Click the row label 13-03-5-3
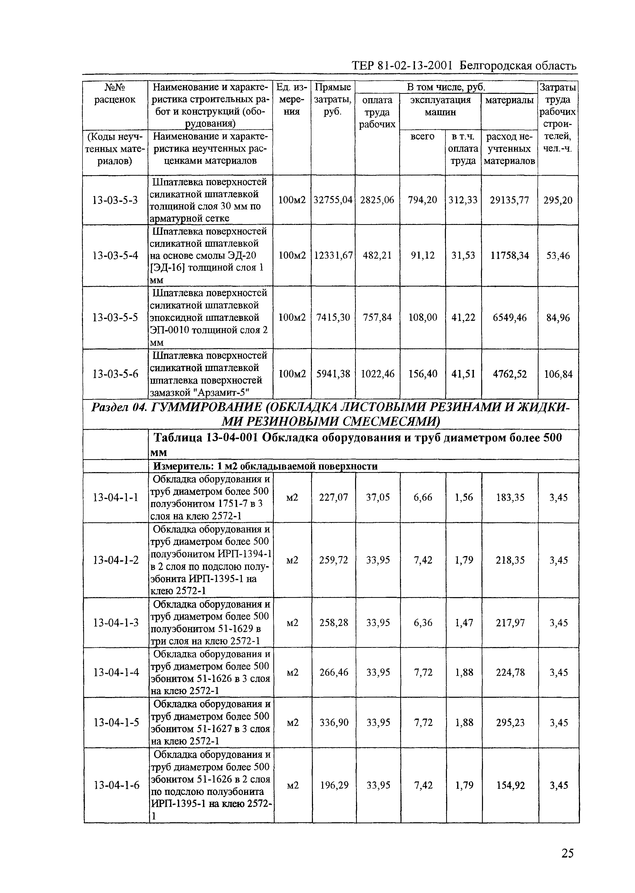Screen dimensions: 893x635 click(114, 200)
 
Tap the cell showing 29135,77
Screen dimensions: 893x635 click(509, 200)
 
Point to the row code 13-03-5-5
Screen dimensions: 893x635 click(114, 318)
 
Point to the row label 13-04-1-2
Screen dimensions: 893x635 click(116, 560)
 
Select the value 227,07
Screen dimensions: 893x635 click(333, 497)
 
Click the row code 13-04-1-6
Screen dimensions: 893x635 click(116, 785)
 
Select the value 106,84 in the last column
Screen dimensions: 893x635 click(558, 374)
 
